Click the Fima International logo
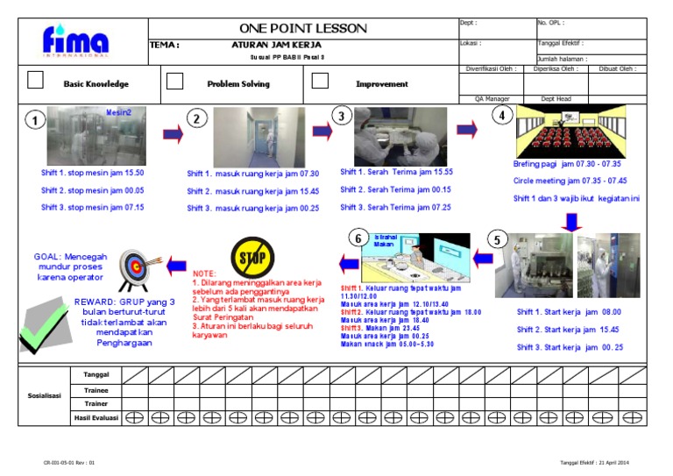(76, 41)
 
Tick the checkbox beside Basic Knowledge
(36, 81)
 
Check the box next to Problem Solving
(175, 81)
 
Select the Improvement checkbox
(320, 81)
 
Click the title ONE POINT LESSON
(303, 28)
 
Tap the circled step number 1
(34, 122)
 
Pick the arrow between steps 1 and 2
(174, 134)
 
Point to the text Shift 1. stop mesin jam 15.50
(93, 174)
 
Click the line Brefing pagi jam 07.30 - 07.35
(567, 164)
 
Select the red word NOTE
(203, 274)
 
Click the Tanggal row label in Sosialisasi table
(96, 374)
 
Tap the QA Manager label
(491, 99)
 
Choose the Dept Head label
(556, 99)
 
